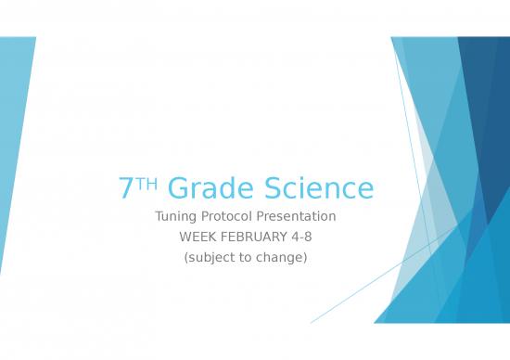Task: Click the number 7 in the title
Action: (126, 189)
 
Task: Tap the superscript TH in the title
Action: (147, 184)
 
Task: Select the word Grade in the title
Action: (209, 189)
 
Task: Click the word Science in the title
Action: (319, 189)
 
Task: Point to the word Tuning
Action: (175, 217)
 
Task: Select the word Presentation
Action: (300, 217)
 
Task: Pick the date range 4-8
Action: (301, 238)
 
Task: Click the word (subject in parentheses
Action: (210, 258)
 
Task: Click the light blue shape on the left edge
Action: (13, 130)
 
